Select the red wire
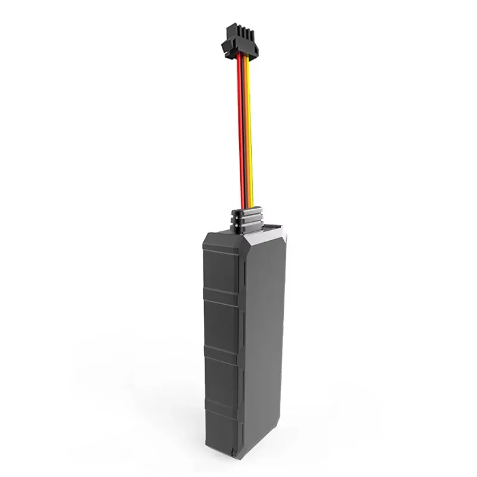241,131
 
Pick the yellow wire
249,131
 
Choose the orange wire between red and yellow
245,131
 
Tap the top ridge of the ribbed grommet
247,212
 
